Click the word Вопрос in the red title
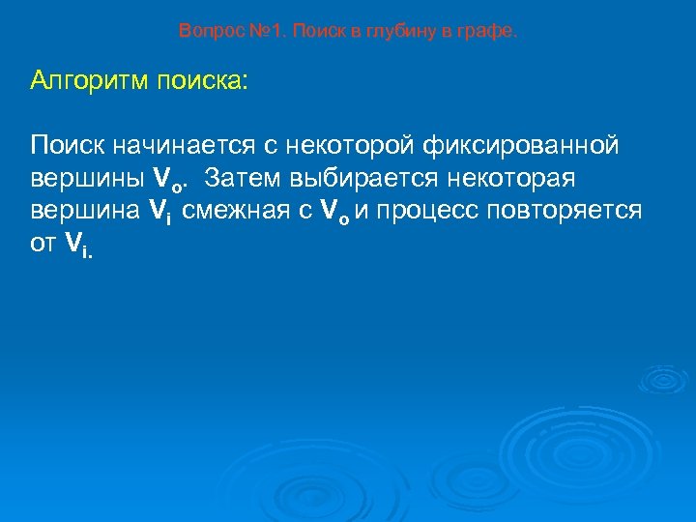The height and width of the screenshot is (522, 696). pyautogui.click(x=205, y=32)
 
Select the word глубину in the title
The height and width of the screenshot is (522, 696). pyautogui.click(x=401, y=32)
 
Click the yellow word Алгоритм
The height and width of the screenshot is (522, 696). pyautogui.click(x=88, y=80)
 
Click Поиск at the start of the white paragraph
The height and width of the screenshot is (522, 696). pyautogui.click(x=68, y=147)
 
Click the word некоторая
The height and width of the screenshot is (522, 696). pyautogui.click(x=507, y=180)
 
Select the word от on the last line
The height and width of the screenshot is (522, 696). pyautogui.click(x=43, y=245)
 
